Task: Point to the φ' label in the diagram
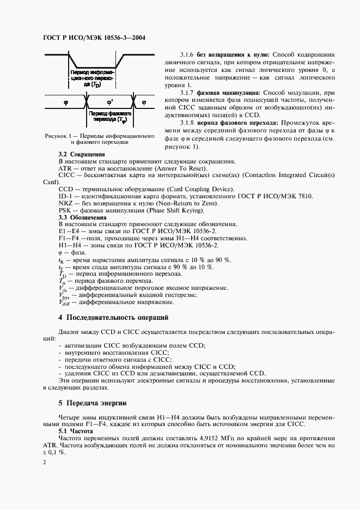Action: [111, 101]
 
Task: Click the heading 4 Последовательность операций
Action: [113, 317]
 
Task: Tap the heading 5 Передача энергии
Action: [92, 403]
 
